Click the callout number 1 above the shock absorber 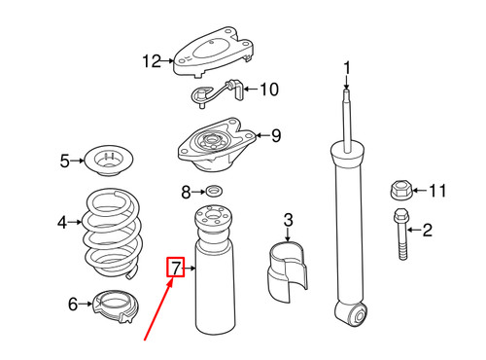click(345, 67)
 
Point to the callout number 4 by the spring click(62, 223)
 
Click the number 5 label click(65, 161)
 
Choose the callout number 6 click(71, 305)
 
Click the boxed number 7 click(175, 267)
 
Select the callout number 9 click(275, 136)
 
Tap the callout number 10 click(268, 90)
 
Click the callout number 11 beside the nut click(438, 191)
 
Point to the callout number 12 click(151, 62)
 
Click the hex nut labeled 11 click(400, 189)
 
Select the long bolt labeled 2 click(399, 236)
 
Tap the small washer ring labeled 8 click(213, 191)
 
